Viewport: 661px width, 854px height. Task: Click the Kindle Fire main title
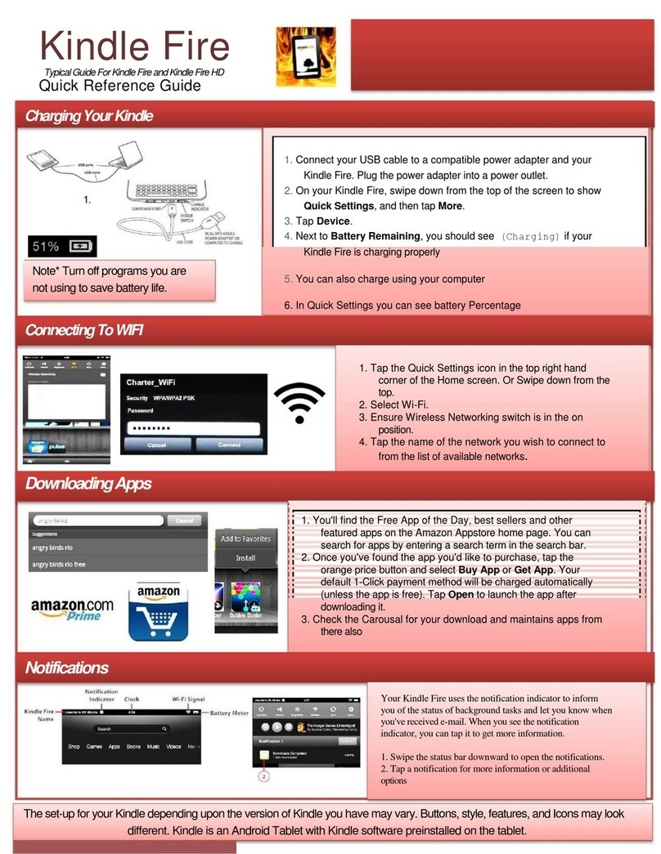(135, 47)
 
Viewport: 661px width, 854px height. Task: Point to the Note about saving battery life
(120, 279)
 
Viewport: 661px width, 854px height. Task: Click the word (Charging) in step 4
(530, 236)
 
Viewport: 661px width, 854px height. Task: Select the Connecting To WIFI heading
(83, 331)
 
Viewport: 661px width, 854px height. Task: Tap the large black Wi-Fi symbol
(299, 404)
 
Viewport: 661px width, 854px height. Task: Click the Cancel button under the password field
(156, 445)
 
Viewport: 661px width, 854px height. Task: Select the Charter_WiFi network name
(151, 382)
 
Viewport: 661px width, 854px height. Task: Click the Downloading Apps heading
(88, 484)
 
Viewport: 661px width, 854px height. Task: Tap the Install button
(245, 558)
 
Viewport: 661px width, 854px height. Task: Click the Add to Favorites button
(245, 539)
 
